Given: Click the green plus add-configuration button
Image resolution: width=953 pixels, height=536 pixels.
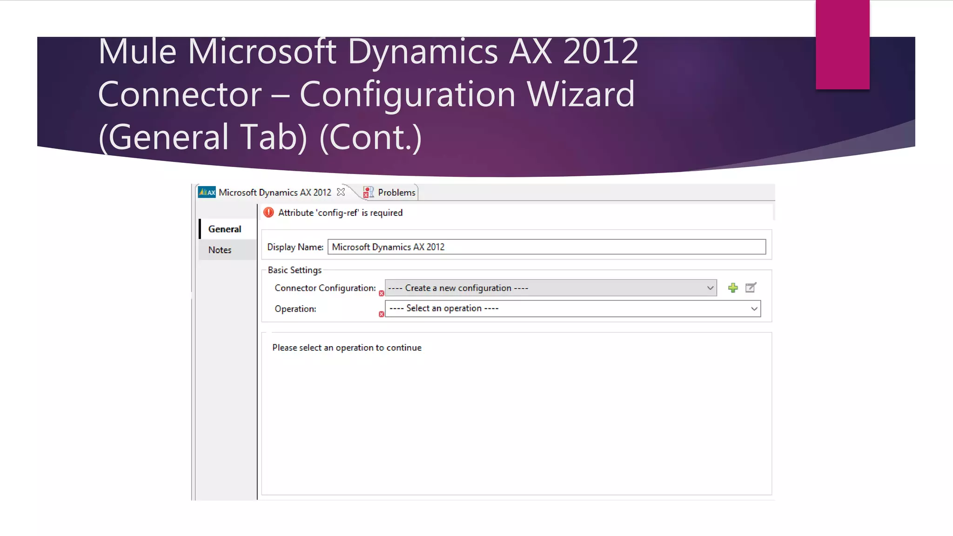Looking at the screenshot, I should coord(733,288).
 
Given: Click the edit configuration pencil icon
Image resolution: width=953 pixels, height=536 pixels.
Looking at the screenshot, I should coord(751,288).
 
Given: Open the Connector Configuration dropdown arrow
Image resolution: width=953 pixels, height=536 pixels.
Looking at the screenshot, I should coord(710,288).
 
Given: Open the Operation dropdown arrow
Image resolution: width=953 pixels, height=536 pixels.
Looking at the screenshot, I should coord(754,308).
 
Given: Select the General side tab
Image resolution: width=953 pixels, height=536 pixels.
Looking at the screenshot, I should coord(225,229).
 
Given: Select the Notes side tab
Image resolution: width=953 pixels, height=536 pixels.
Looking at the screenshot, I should coord(220,250).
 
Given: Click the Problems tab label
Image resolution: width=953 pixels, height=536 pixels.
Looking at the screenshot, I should coord(396,193).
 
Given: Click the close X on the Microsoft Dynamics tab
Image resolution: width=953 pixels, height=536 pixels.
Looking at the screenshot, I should coord(341,192).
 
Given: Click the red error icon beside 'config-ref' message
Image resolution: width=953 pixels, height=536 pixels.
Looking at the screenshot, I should coord(268,213).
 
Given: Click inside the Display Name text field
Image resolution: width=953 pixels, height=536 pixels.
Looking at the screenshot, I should coord(546,247).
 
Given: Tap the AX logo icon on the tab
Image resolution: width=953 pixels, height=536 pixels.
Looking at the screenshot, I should coord(207,192).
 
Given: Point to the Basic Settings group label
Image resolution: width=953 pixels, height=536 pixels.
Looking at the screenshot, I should coord(295,270).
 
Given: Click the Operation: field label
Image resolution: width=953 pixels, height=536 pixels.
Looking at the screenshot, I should coord(295,309).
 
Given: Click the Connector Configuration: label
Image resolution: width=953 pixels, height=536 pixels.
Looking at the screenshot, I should coord(325,288).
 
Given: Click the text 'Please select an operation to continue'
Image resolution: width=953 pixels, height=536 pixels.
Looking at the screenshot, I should coord(347,348).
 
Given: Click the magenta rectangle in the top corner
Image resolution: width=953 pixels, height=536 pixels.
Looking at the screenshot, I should coord(842,44).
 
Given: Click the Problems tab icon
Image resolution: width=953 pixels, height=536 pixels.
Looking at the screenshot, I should coord(368,192).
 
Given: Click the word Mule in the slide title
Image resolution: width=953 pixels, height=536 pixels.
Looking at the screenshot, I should coord(137,52).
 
